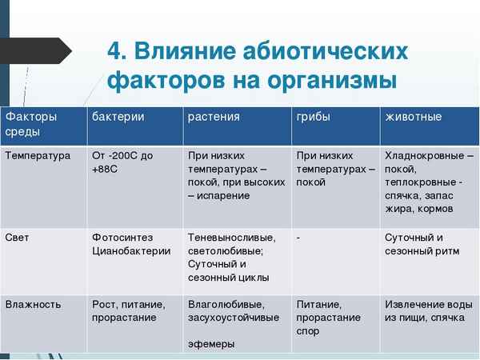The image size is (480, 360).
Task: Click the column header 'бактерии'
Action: pyautogui.click(x=118, y=118)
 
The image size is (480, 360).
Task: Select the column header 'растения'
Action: pyautogui.click(x=214, y=118)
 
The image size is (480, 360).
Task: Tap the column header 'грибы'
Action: pyautogui.click(x=313, y=118)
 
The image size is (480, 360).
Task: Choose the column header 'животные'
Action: pyautogui.click(x=414, y=118)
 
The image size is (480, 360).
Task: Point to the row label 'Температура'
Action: pyautogui.click(x=38, y=156)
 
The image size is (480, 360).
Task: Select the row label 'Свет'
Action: pyautogui.click(x=18, y=238)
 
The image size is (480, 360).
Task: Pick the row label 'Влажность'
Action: pyautogui.click(x=33, y=305)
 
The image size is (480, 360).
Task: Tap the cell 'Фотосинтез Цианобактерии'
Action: pyautogui.click(x=131, y=244)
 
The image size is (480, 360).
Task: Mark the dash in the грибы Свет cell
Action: pyautogui.click(x=298, y=238)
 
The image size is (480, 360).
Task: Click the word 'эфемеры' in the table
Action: pyautogui.click(x=211, y=344)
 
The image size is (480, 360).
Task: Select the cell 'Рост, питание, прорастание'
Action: pyautogui.click(x=129, y=311)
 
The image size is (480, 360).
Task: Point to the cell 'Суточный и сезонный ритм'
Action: pyautogui.click(x=419, y=244)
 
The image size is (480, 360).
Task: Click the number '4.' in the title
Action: pyautogui.click(x=117, y=52)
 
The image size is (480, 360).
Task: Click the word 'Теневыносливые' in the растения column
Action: pyautogui.click(x=231, y=238)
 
